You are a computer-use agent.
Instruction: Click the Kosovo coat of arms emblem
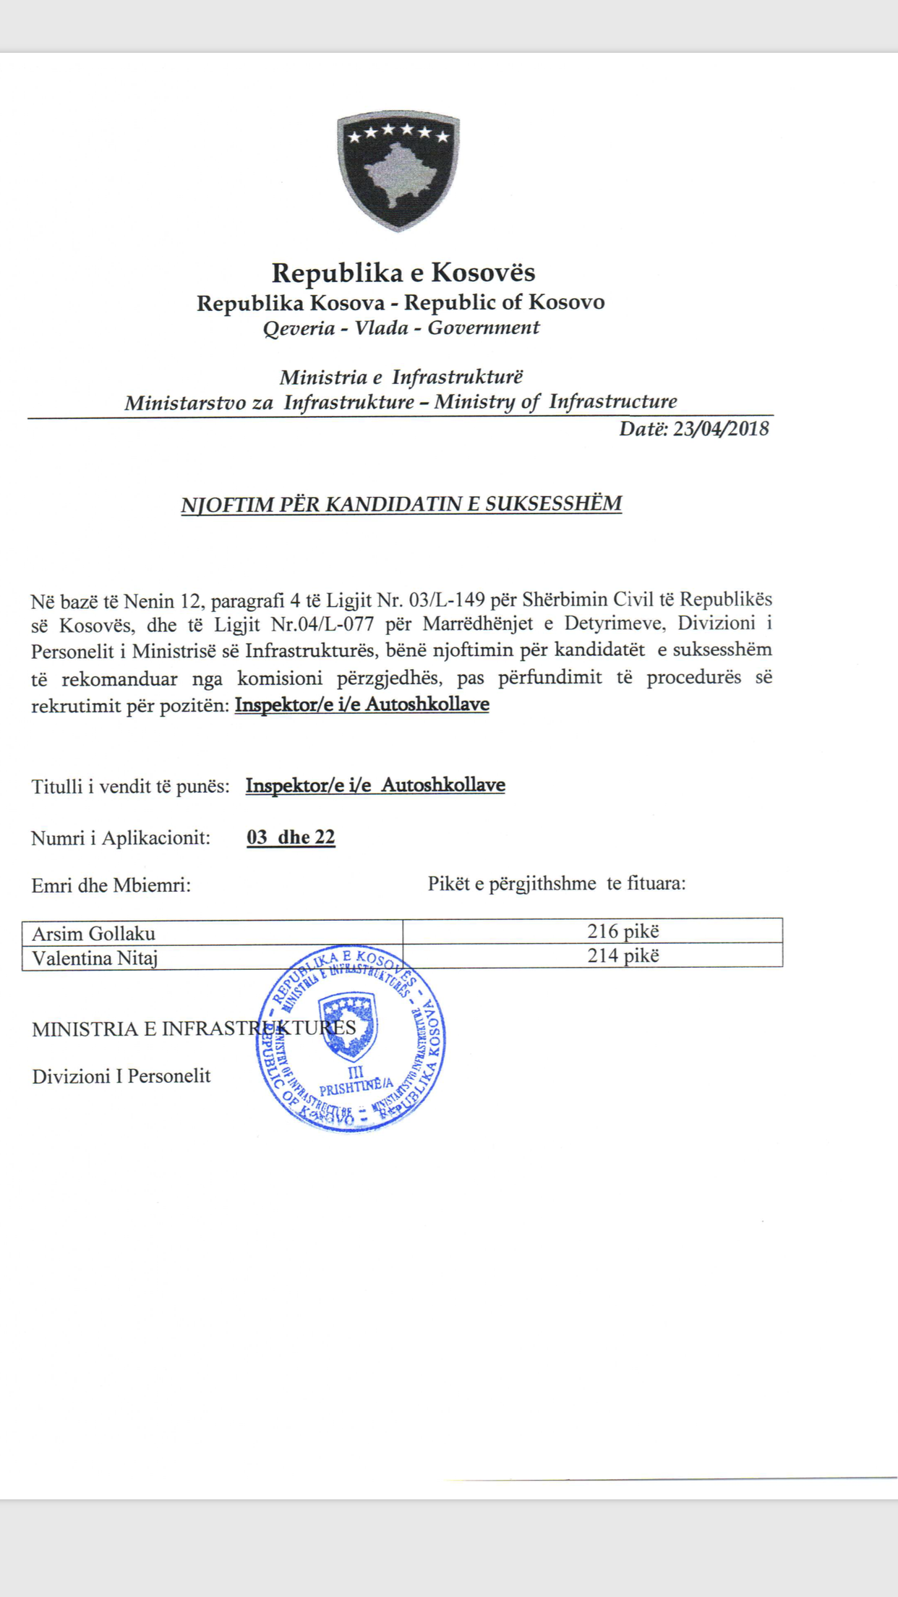[x=398, y=171]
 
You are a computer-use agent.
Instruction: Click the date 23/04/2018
[x=720, y=429]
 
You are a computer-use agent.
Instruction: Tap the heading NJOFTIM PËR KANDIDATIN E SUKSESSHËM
[x=401, y=504]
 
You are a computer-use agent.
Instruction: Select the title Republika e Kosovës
[x=403, y=273]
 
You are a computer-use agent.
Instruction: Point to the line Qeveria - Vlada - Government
[x=401, y=328]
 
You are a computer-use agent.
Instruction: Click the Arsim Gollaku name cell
[x=212, y=933]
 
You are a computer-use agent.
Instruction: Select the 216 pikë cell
[x=623, y=931]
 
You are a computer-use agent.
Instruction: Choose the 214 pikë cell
[x=623, y=955]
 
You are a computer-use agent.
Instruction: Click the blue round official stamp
[x=351, y=1038]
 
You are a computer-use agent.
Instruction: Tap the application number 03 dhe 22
[x=291, y=838]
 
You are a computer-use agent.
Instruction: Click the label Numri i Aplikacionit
[x=121, y=838]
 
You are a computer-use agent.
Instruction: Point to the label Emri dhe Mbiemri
[x=111, y=885]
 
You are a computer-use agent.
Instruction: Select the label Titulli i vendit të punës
[x=130, y=786]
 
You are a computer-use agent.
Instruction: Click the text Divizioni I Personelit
[x=121, y=1076]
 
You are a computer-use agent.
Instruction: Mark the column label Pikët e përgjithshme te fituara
[x=556, y=884]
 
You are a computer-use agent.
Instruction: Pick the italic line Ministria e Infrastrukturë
[x=401, y=378]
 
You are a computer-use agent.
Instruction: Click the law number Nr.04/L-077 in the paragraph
[x=322, y=624]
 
